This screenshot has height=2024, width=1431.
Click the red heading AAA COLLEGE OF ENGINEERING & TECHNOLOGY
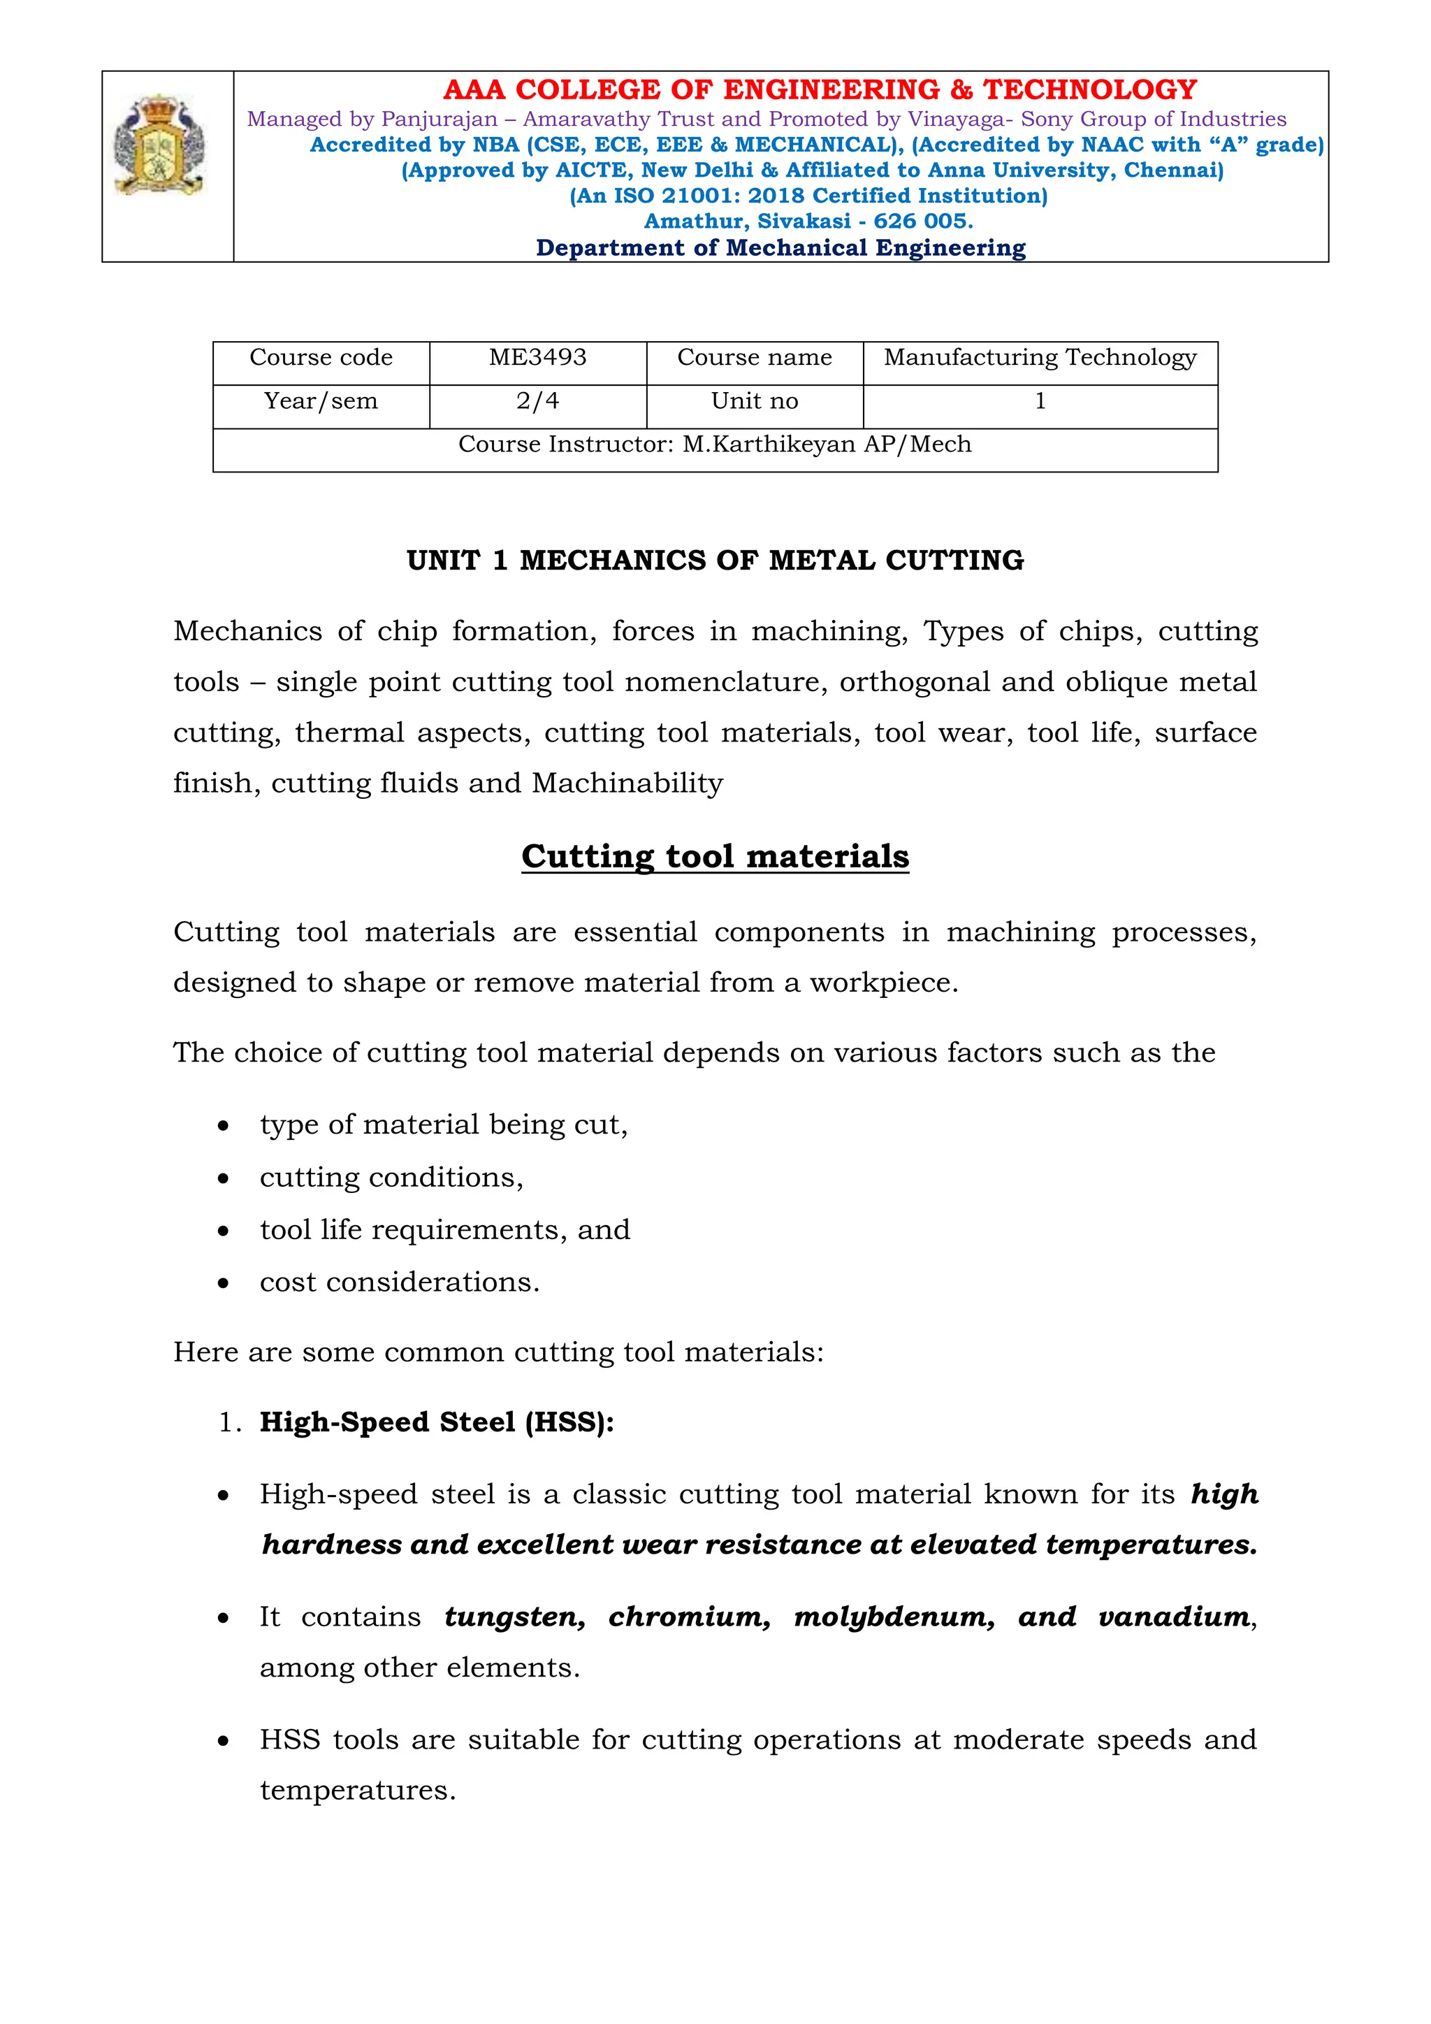820,90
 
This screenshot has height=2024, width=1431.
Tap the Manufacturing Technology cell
1040,358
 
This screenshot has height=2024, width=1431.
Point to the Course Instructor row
715,445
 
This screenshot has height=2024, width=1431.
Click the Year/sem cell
321,402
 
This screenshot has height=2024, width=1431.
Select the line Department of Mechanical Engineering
780,249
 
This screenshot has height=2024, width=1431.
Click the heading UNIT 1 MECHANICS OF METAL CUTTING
715,561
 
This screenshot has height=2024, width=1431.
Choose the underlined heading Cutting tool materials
715,857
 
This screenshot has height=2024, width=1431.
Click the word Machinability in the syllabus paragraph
627,783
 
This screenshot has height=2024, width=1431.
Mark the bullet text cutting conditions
391,1178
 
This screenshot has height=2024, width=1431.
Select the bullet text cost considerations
399,1282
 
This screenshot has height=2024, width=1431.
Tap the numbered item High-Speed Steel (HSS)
436,1423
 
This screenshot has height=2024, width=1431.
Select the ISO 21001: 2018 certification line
808,196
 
